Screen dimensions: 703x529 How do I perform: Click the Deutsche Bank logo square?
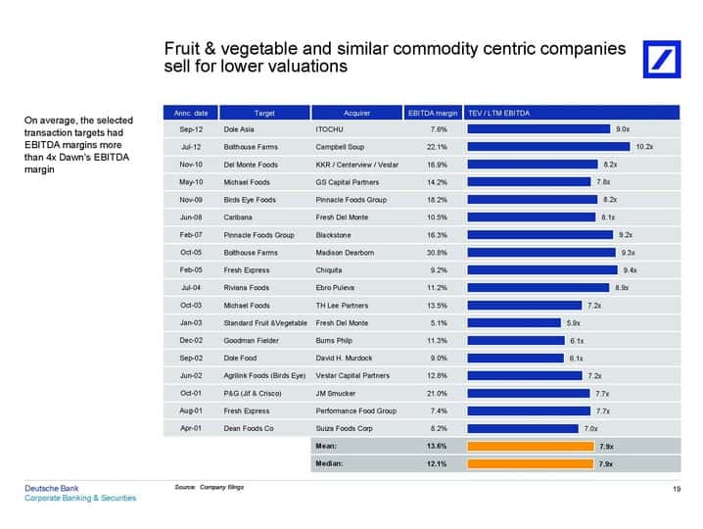coord(661,59)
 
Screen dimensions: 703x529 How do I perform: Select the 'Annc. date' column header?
coord(191,113)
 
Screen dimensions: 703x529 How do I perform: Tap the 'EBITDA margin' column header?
coord(433,113)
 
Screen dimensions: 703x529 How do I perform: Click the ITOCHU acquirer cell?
coord(329,129)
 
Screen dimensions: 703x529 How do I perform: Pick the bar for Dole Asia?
coord(539,129)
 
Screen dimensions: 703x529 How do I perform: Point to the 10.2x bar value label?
coord(644,147)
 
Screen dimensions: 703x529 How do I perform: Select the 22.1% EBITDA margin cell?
coord(437,147)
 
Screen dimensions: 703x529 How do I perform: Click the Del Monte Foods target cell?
coord(251,165)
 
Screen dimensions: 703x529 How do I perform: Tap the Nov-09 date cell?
coord(191,200)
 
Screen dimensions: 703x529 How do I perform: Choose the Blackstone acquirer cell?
coord(333,235)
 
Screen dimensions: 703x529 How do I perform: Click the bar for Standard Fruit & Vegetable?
coord(514,323)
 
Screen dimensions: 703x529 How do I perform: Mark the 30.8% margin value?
coord(437,253)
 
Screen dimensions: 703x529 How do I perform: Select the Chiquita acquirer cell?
coord(329,270)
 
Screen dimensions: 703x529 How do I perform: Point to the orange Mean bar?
coord(531,447)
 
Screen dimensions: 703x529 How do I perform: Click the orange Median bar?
coord(531,464)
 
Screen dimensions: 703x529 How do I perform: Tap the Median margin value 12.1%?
coord(437,464)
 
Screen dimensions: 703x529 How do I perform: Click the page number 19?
coord(677,489)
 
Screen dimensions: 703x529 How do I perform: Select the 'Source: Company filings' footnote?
coord(210,487)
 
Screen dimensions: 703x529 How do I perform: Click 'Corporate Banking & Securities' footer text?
coord(80,498)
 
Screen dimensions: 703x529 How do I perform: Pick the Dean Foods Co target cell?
coord(249,428)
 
